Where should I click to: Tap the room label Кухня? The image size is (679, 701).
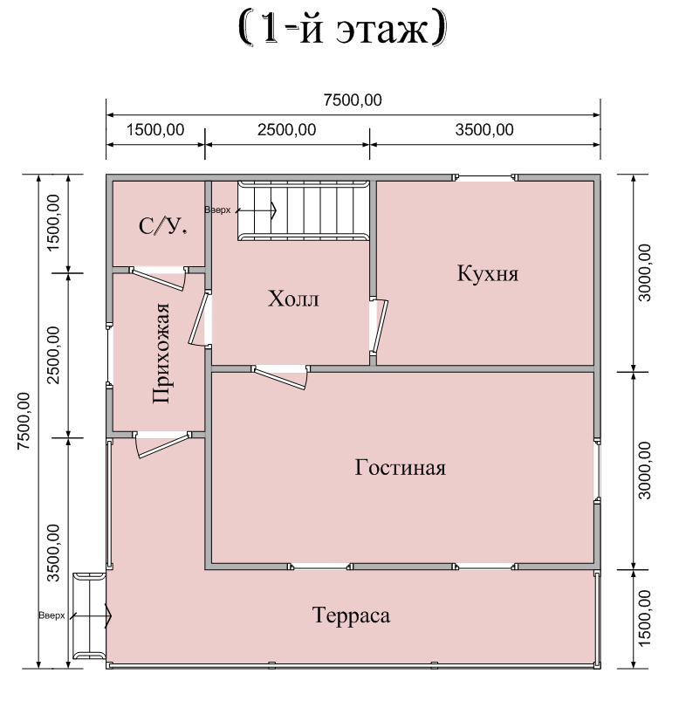click(488, 273)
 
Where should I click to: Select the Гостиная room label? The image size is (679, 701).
click(401, 468)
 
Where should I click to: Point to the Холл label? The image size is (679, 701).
click(294, 299)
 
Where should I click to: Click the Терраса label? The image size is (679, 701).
click(352, 615)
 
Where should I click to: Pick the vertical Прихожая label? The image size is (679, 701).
click(161, 354)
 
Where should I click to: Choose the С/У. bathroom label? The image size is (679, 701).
click(162, 226)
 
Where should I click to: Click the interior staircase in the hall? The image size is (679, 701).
click(304, 210)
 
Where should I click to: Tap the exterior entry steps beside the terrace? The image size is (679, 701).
click(89, 616)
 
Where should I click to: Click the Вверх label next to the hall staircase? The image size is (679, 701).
click(217, 210)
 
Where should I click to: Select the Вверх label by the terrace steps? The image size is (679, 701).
click(51, 615)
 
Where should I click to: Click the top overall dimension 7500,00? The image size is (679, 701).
click(353, 100)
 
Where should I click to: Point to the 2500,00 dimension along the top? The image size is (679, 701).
click(286, 130)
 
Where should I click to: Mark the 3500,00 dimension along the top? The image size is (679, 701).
click(484, 130)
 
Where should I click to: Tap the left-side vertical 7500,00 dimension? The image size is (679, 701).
click(24, 421)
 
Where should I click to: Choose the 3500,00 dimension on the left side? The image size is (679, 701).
click(53, 553)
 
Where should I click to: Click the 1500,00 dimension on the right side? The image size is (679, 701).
click(645, 618)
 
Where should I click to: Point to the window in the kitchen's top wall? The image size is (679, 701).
click(485, 177)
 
